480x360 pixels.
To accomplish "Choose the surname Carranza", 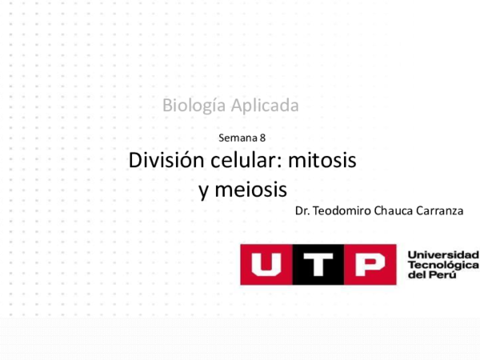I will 444,211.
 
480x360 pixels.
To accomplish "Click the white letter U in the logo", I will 266,264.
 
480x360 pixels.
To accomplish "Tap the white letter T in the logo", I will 318,264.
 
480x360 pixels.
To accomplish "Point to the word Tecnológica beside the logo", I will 442,265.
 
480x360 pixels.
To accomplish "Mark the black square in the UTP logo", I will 318,264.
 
